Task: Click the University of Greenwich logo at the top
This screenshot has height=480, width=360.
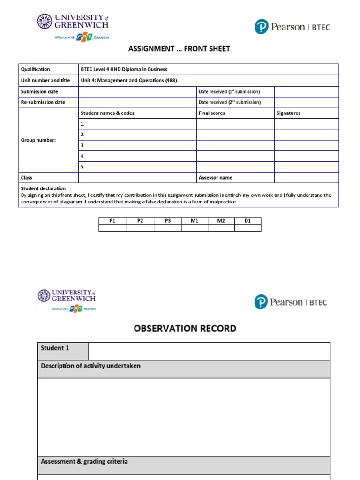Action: (73, 27)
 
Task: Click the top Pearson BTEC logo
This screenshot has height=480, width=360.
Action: (292, 27)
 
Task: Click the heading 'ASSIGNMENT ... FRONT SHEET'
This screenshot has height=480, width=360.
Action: (179, 49)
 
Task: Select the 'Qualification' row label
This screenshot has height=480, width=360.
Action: (35, 69)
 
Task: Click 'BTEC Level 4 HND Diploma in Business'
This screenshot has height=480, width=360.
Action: (124, 69)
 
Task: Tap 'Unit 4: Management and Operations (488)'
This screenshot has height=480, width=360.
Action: (129, 80)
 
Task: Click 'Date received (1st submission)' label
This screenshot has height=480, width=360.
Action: (229, 91)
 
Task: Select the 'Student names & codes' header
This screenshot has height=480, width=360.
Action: (107, 113)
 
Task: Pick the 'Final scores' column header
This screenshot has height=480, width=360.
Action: (212, 113)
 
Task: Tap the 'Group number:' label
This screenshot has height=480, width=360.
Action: (38, 140)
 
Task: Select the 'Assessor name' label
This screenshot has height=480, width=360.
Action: (215, 178)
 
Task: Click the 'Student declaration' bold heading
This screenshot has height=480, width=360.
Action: (43, 188)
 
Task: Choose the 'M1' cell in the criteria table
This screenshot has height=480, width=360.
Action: (195, 220)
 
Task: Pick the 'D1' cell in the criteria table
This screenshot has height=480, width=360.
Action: (247, 220)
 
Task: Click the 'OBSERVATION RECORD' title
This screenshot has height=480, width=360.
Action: (185, 329)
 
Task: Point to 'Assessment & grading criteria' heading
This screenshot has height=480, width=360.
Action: (84, 462)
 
